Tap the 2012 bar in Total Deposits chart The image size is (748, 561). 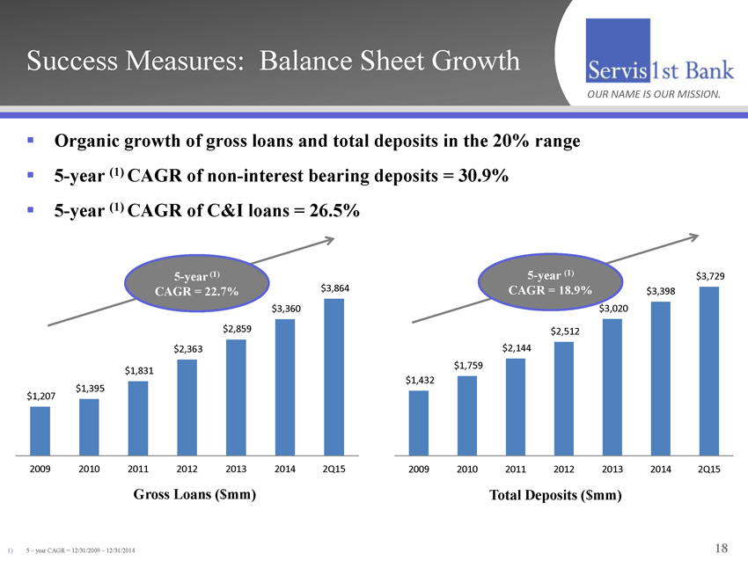pyautogui.click(x=564, y=398)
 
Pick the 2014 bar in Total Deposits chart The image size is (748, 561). pyautogui.click(x=661, y=378)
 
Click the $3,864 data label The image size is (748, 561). pyautogui.click(x=335, y=288)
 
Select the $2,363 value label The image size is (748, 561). pyautogui.click(x=188, y=349)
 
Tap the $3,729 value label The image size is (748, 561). pyautogui.click(x=710, y=277)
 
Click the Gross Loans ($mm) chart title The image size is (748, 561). pyautogui.click(x=194, y=495)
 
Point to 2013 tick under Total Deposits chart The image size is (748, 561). pyautogui.click(x=612, y=470)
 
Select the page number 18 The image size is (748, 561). pyautogui.click(x=721, y=549)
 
